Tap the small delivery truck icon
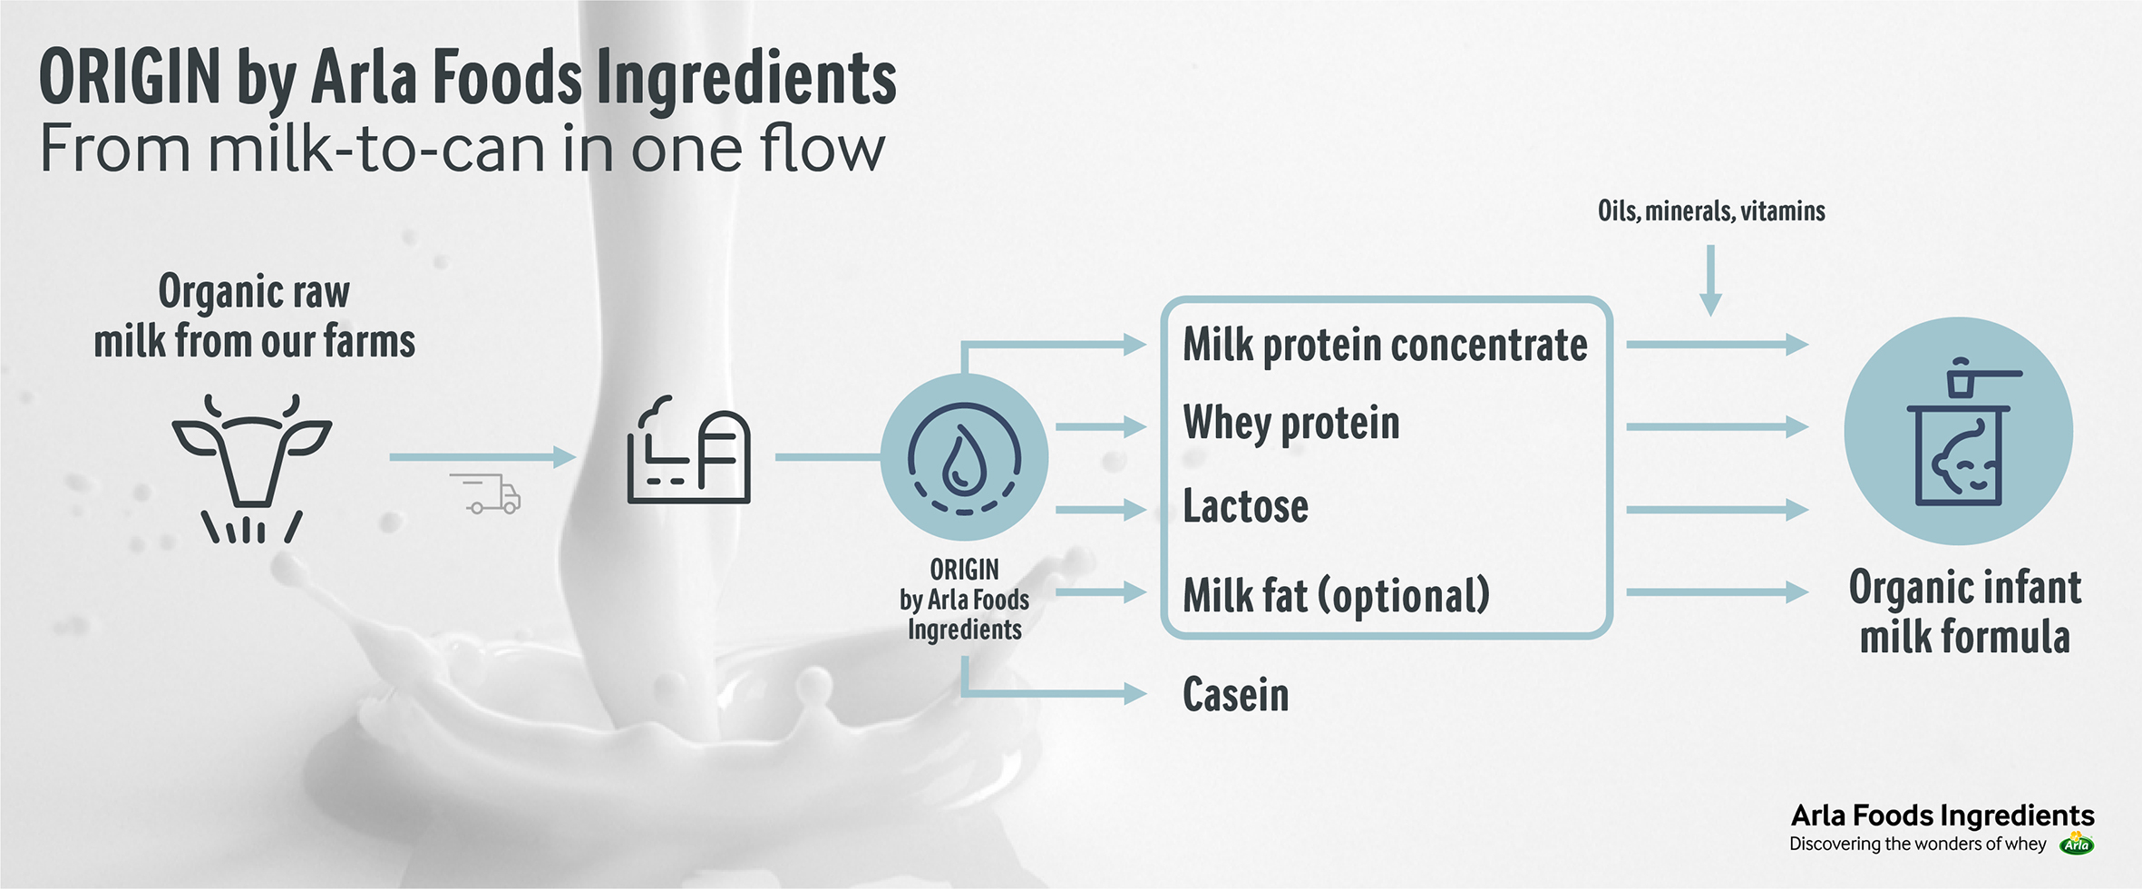[x=487, y=493]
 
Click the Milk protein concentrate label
[x=1385, y=346]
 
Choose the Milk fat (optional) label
[x=1336, y=595]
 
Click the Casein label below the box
[x=1235, y=695]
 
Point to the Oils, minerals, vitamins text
[x=1710, y=211]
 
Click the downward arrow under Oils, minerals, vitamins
[x=1710, y=280]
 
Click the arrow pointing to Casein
[x=1052, y=693]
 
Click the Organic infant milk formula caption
[x=1964, y=611]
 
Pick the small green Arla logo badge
[x=2077, y=844]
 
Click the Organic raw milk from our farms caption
[x=254, y=317]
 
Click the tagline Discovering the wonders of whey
[x=1917, y=845]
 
